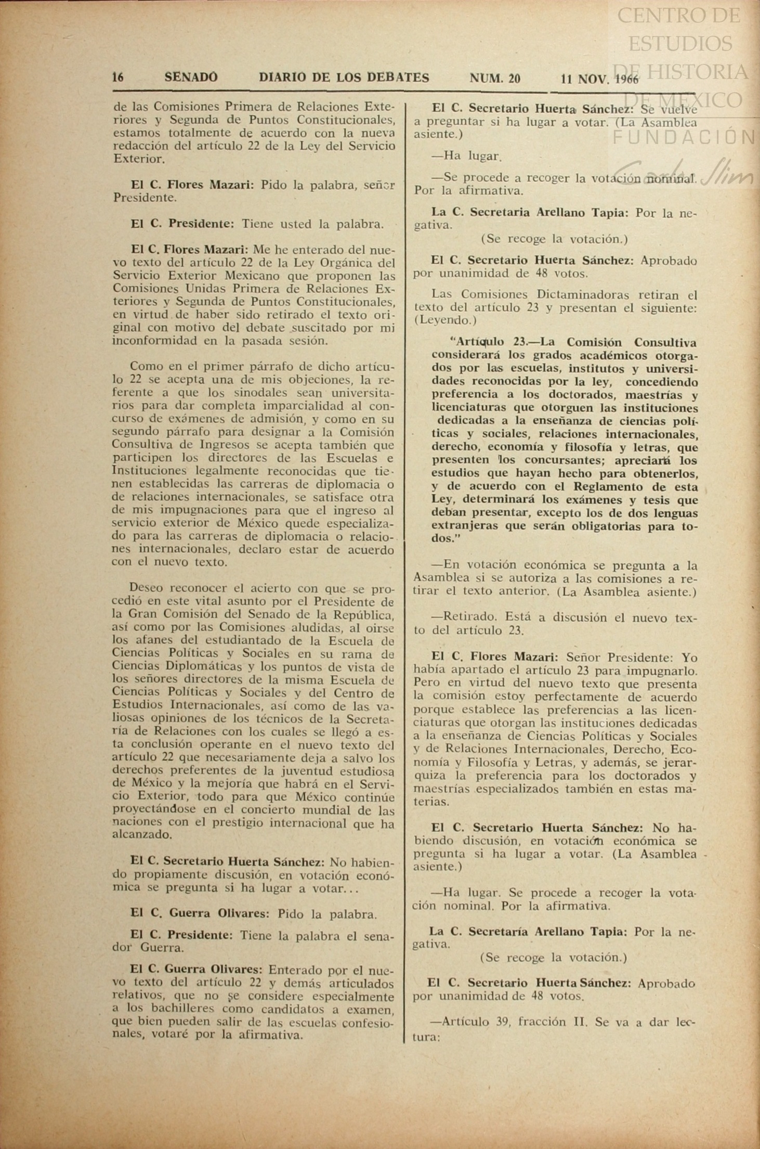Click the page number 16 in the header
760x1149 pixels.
[118, 78]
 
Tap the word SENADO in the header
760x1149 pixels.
[191, 78]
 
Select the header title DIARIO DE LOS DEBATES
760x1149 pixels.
[344, 78]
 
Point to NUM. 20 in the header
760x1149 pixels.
[494, 78]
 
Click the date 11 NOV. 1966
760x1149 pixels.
[599, 79]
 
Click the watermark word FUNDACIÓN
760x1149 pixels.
[684, 136]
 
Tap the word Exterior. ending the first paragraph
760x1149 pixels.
[139, 159]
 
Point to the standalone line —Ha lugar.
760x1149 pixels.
[466, 156]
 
